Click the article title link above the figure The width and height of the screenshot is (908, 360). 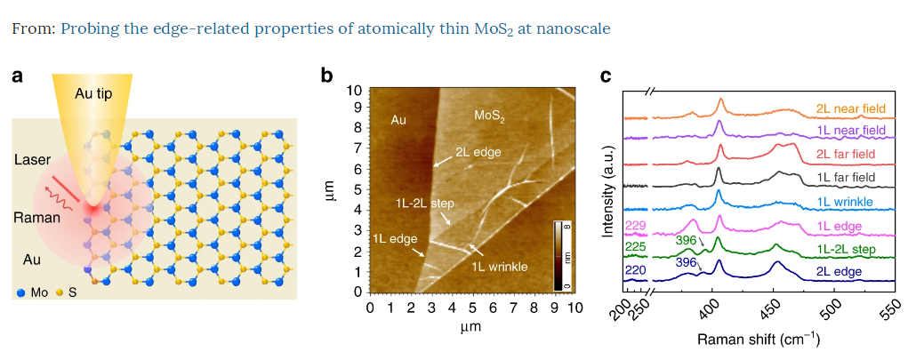coord(334,28)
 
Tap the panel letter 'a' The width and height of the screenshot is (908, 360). coord(17,77)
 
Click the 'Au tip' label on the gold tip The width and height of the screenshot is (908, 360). coord(92,94)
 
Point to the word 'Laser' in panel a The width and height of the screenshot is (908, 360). coord(33,160)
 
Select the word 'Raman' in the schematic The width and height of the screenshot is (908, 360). coord(36,218)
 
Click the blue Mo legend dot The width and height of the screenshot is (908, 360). coord(20,291)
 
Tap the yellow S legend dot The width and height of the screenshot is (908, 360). coord(60,291)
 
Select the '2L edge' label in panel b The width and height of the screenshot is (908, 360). coord(478,152)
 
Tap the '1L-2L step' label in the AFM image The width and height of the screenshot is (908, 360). coord(424,204)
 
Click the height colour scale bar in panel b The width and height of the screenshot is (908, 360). coord(558,255)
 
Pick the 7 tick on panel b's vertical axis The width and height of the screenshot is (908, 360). coord(356,148)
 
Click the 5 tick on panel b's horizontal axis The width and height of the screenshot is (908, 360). coord(473,307)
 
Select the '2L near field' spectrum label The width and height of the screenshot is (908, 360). coord(850,109)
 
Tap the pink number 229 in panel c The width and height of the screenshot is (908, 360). coord(636,224)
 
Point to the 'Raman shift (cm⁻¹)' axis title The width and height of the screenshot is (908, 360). coord(758,340)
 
